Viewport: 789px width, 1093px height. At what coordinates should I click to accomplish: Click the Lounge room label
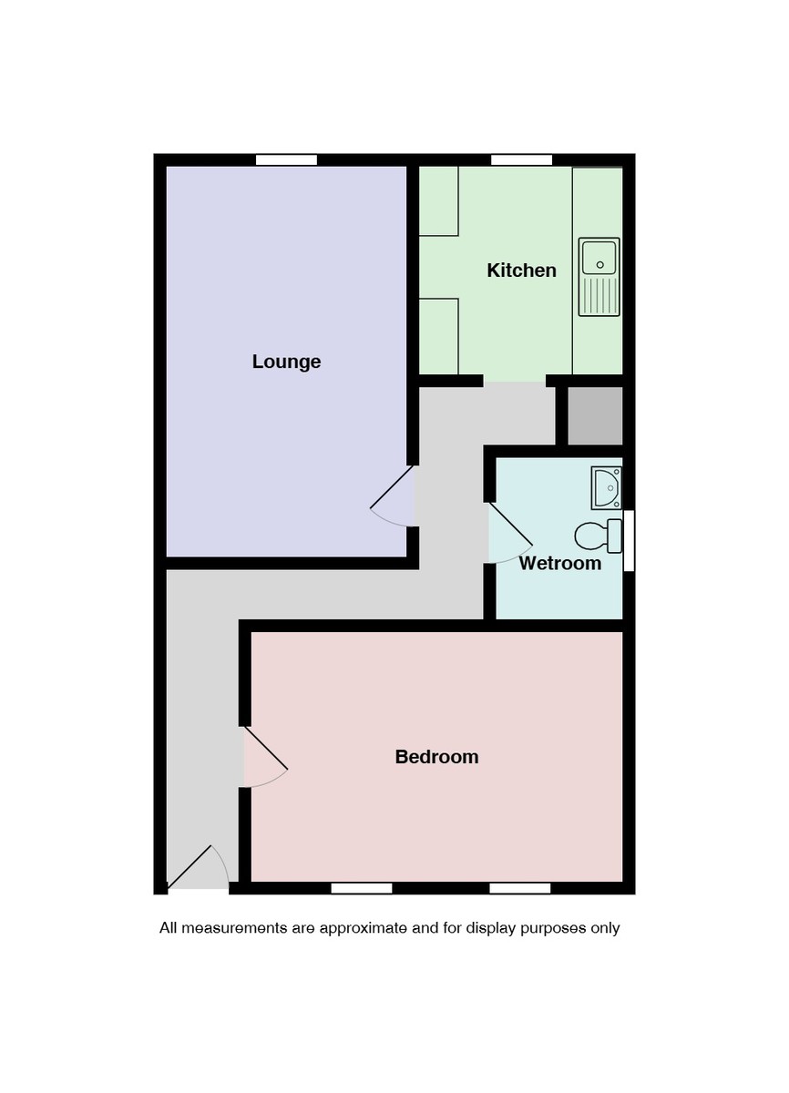tap(286, 362)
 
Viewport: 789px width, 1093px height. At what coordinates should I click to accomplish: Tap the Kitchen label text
tap(521, 271)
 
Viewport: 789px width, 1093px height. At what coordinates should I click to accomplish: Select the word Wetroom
tap(559, 563)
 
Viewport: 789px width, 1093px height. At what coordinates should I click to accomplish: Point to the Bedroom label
tap(436, 757)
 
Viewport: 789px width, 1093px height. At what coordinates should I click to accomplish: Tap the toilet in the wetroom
tap(599, 535)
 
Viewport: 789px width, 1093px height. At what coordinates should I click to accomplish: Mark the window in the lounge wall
tap(286, 160)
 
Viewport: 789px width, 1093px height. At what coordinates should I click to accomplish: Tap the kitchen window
tap(521, 160)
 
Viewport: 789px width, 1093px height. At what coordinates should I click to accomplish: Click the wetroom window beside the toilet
tap(629, 540)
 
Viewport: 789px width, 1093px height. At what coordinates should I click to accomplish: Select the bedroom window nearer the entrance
tap(362, 888)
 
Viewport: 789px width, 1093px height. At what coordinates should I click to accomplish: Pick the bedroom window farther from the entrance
tap(519, 888)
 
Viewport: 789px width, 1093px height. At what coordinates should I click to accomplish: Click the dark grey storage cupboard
tap(595, 415)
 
